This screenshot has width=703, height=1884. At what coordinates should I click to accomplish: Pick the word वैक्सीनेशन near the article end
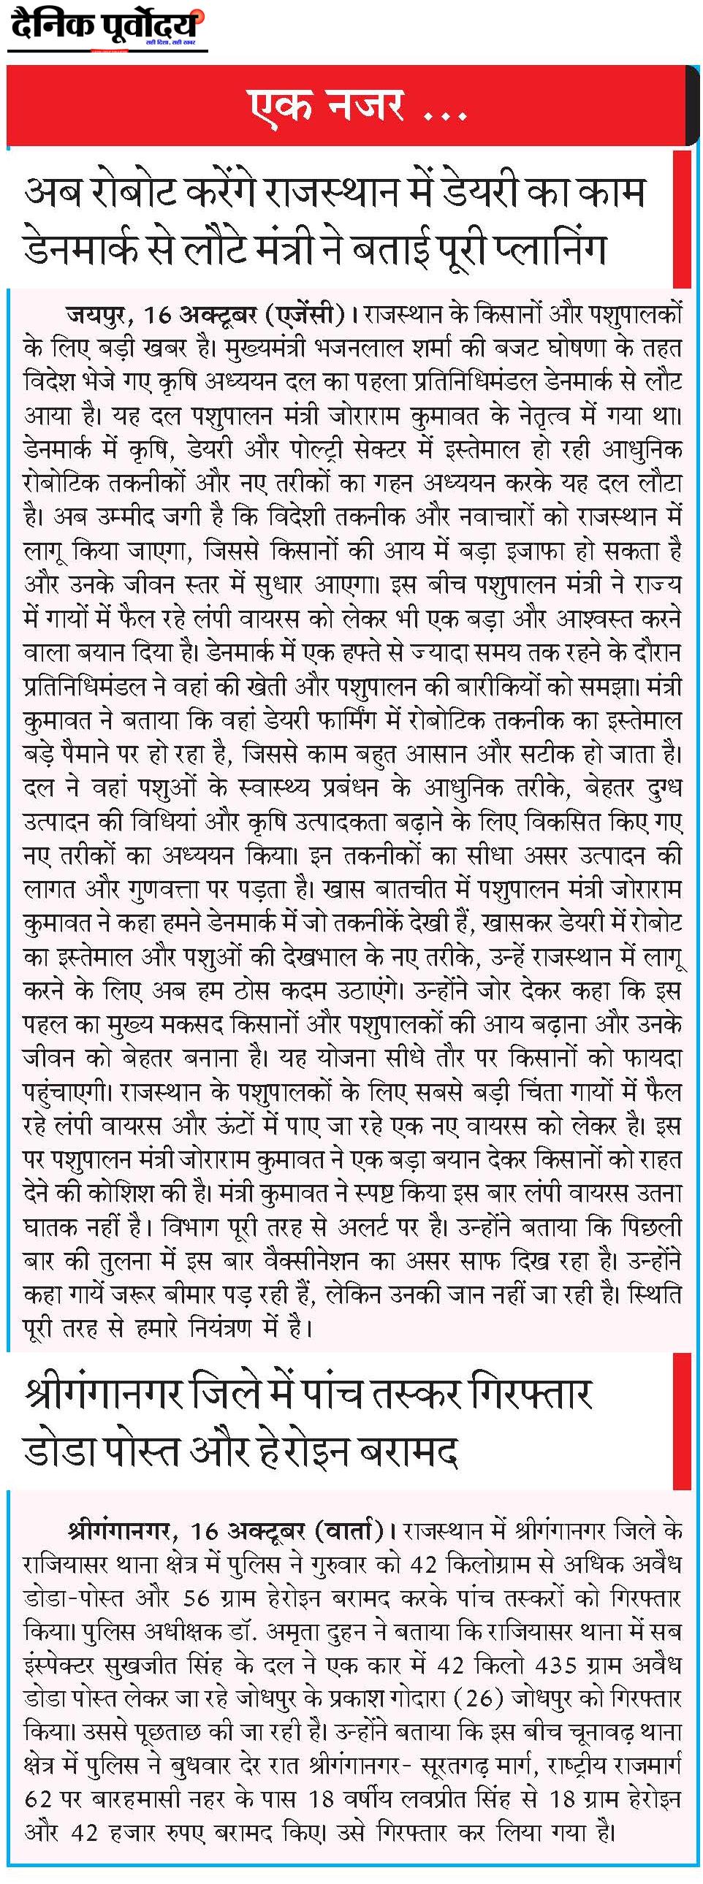[322, 1260]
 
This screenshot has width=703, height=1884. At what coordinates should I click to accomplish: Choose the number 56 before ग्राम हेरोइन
[197, 1598]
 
